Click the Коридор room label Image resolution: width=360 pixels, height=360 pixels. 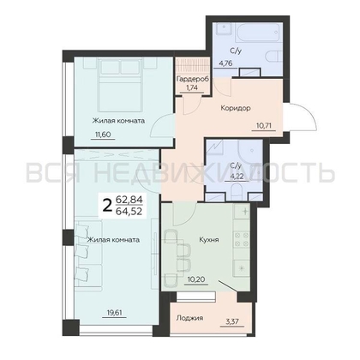[236, 108]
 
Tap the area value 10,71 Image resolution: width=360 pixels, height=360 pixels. [263, 125]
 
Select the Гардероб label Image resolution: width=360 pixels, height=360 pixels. [193, 79]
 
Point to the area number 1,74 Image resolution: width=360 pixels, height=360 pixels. [192, 87]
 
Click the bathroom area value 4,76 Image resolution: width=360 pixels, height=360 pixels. [225, 63]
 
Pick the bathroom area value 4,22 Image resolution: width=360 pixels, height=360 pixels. [237, 177]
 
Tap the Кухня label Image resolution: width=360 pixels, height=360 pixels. [209, 239]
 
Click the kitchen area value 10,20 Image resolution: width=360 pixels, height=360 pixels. [195, 279]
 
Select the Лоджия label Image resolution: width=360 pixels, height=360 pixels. [189, 318]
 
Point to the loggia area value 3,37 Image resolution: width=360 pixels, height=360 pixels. [232, 322]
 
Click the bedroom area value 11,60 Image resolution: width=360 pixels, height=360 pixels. [103, 134]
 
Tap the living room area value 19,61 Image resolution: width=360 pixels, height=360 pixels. [114, 312]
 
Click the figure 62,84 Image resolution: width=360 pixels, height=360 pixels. [129, 200]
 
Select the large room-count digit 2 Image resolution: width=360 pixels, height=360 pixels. [107, 206]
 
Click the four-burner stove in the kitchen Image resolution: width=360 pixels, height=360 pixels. [242, 239]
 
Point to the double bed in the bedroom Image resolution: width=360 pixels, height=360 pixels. [120, 85]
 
